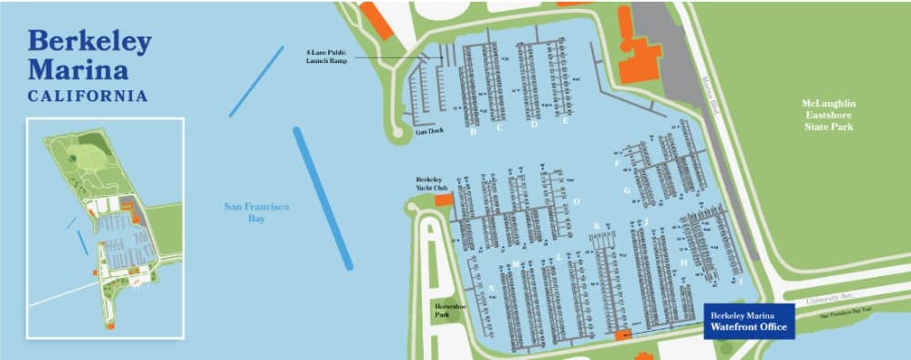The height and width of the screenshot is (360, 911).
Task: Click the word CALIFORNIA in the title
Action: (x=87, y=96)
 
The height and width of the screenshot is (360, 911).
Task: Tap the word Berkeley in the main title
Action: (x=89, y=42)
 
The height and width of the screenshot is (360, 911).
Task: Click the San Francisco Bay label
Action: (x=256, y=212)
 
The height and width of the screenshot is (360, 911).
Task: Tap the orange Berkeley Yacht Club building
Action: (x=444, y=200)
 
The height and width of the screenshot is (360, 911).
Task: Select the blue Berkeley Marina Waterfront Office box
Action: (x=750, y=320)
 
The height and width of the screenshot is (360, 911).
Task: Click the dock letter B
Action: (x=473, y=131)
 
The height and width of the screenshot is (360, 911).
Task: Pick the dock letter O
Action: (x=576, y=201)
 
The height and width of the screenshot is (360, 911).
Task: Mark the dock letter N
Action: (x=492, y=289)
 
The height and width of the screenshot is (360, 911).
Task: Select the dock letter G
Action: (x=627, y=190)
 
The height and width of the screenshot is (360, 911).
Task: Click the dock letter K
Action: (x=597, y=226)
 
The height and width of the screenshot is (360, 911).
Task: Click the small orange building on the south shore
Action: (x=624, y=335)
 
